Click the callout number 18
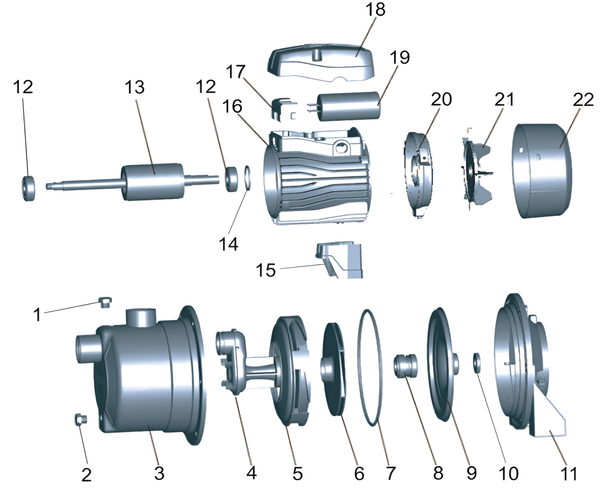tap(375, 10)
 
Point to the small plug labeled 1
tap(105, 302)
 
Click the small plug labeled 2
tap(80, 419)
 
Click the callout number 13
tap(134, 87)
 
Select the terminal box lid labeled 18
tap(322, 61)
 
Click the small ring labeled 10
tap(477, 363)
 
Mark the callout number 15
tap(265, 270)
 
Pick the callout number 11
tap(568, 474)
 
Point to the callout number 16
tap(232, 106)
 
